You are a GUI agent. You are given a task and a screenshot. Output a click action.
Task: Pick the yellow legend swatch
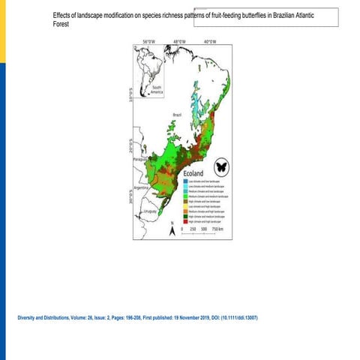186,206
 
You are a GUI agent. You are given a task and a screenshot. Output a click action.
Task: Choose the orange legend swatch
186,211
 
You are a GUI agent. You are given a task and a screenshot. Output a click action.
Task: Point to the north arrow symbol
172,230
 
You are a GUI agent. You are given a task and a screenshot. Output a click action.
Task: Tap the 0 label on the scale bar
182,229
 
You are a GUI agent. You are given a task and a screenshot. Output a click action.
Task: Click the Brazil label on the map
177,115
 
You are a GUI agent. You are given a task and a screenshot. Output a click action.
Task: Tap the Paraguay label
140,160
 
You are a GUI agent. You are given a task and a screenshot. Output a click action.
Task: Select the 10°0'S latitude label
129,95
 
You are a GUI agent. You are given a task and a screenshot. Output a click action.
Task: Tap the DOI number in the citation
240,317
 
